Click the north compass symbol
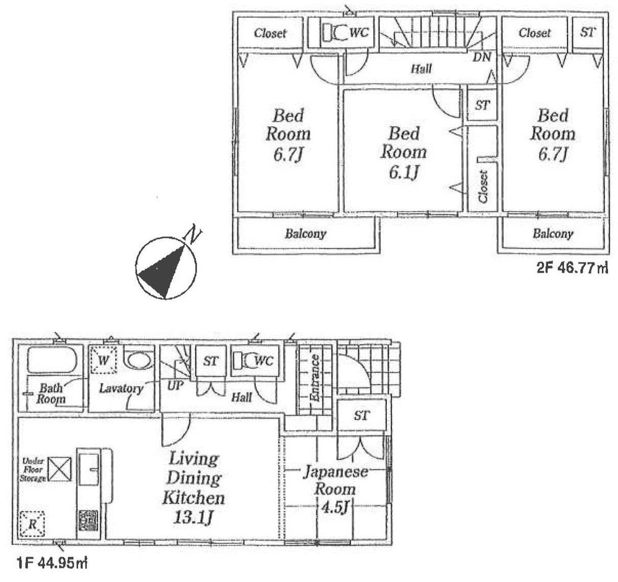166,267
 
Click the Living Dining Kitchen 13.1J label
193,487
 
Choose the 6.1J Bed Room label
403,151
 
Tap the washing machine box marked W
103,360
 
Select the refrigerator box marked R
32,525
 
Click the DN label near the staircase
481,58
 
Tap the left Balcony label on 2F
305,234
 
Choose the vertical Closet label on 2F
483,187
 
